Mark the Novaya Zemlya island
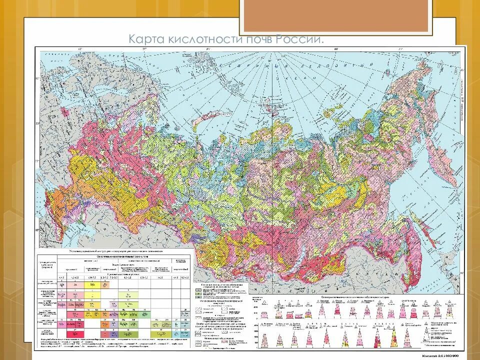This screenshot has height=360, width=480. click(200, 120)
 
